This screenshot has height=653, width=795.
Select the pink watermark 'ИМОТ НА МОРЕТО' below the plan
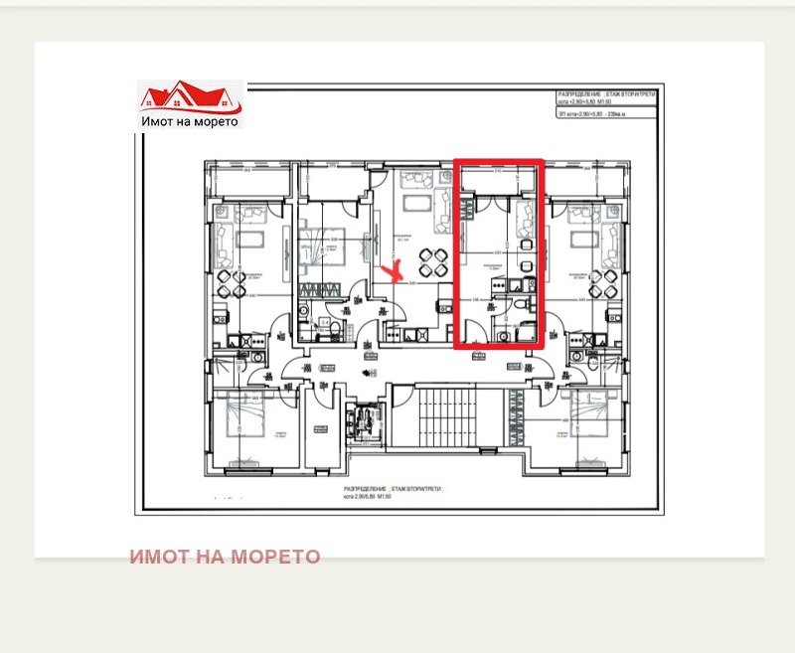click(x=225, y=557)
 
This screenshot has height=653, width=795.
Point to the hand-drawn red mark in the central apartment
click(x=395, y=271)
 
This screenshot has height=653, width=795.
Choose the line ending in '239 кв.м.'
click(x=593, y=116)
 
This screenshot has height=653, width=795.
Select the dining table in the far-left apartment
click(x=230, y=284)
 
